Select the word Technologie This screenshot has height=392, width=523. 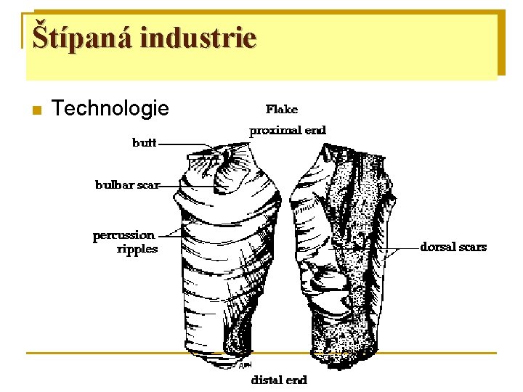(110, 109)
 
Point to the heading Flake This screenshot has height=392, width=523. (281, 110)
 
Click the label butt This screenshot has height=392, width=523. (144, 143)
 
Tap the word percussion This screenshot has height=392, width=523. (123, 235)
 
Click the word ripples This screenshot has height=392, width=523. (137, 249)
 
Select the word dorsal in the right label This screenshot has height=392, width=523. (437, 247)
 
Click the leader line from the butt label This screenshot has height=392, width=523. (182, 144)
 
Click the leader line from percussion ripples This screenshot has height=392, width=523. (170, 234)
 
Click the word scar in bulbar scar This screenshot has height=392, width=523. (148, 185)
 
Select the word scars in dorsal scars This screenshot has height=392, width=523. (472, 247)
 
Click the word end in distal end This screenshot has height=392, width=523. (296, 380)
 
